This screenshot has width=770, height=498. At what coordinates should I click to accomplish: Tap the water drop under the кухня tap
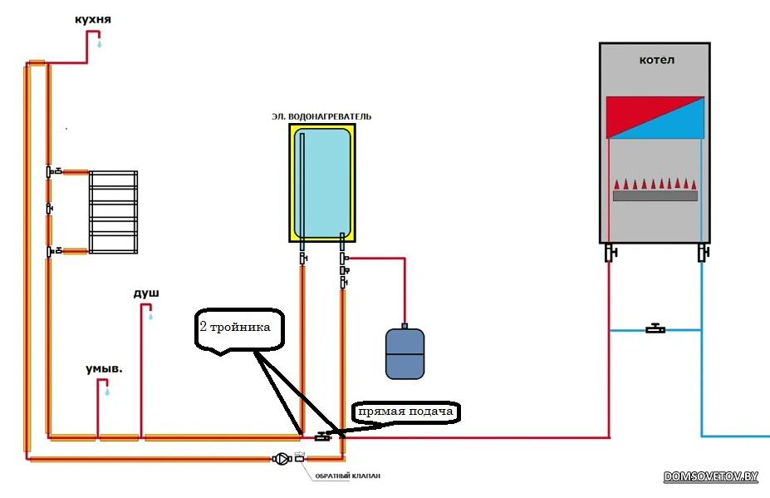point(100,46)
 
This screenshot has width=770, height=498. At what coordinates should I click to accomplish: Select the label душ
point(145,293)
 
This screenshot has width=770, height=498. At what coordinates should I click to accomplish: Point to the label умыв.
point(103,367)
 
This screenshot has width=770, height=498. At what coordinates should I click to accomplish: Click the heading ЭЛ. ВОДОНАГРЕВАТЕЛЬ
point(321,116)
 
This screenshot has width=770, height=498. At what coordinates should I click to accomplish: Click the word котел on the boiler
point(656,61)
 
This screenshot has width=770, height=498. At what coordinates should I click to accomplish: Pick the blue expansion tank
point(405,353)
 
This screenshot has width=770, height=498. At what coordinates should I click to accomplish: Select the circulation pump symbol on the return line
point(282,458)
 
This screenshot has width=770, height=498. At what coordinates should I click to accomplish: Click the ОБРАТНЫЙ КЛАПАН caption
point(347,476)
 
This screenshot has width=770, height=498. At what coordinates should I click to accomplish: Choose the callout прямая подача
point(406,412)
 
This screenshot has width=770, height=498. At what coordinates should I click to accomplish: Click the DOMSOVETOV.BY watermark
point(711,476)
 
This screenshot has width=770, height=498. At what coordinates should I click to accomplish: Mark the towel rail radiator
point(113,212)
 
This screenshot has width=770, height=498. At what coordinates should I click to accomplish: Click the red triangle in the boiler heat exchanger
point(635,112)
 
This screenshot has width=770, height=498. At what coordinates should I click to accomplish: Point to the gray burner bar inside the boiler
point(655,196)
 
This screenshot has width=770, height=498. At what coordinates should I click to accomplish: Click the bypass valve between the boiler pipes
point(655,329)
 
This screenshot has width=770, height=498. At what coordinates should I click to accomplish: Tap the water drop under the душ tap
point(150,317)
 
